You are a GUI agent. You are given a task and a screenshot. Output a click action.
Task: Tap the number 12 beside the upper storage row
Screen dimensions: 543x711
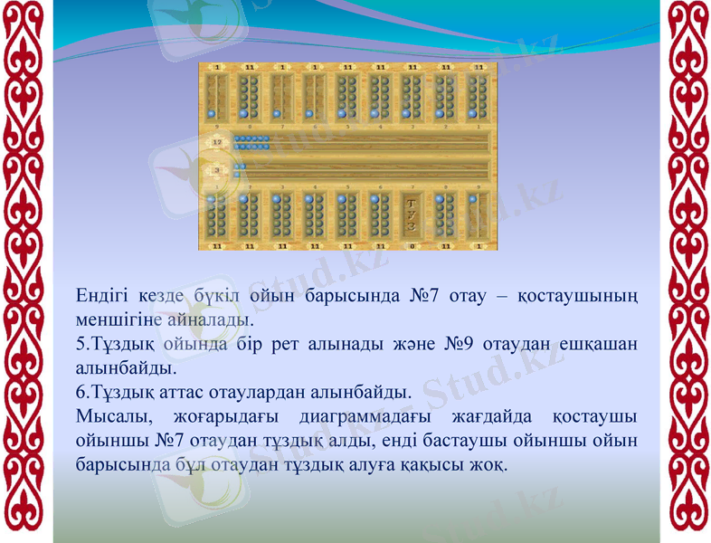click(216, 142)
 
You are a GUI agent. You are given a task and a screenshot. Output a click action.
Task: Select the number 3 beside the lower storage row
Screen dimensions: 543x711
click(216, 168)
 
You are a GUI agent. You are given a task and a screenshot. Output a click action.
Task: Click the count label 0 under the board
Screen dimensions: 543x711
click(412, 245)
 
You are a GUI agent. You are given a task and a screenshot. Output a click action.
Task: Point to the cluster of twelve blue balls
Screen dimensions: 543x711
click(251, 142)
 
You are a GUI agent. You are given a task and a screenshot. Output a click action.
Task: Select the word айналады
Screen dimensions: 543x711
click(208, 321)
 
